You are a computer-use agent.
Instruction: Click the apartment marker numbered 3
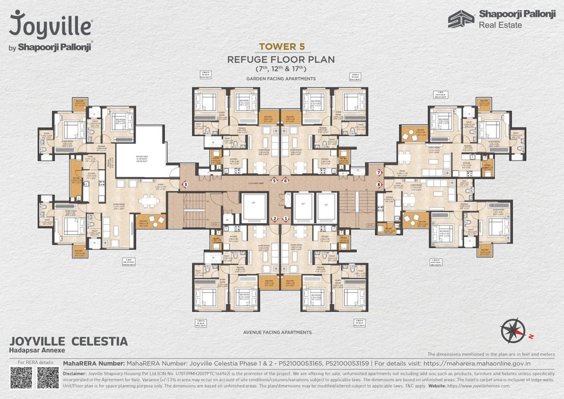click(185, 184)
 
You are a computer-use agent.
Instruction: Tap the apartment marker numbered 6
click(286, 180)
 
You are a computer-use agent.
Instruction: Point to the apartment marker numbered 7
click(379, 172)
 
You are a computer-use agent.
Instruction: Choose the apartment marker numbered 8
click(379, 184)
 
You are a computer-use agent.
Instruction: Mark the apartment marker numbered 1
click(286, 219)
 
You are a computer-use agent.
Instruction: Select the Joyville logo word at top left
click(51, 25)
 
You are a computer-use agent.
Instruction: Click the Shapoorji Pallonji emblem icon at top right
click(461, 19)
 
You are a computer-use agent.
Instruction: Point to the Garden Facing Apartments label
click(281, 78)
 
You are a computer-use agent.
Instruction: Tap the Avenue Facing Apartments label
click(281, 332)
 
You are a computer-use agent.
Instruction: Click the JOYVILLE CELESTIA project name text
click(69, 341)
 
